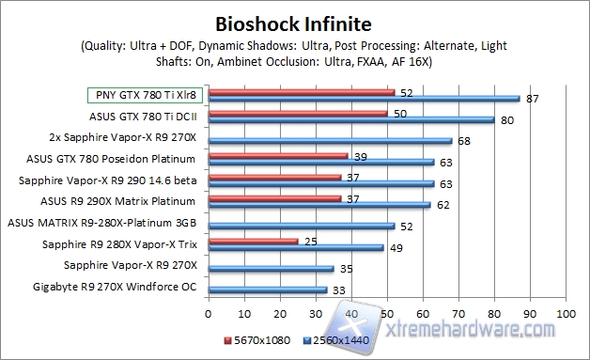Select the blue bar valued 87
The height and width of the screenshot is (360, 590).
[364, 99]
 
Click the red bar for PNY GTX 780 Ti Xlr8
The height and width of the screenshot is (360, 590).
[301, 92]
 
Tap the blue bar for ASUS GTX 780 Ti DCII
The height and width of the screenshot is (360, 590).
[350, 120]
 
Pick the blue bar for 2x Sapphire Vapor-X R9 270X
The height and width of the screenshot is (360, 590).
[330, 141]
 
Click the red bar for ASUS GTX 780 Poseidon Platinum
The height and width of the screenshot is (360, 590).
[278, 156]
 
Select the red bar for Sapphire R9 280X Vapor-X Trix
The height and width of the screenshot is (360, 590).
[253, 242]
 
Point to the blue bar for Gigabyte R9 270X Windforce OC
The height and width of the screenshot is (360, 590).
[267, 290]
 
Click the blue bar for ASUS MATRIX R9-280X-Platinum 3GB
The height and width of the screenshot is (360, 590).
[301, 227]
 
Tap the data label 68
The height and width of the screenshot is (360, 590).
[463, 141]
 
